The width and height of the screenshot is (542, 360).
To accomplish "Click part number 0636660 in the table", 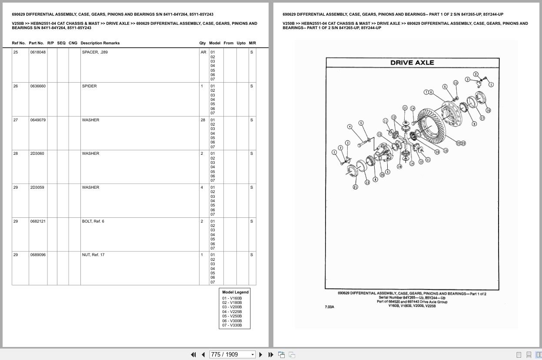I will coord(38,86).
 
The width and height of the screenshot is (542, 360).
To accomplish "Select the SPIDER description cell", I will coord(90,86).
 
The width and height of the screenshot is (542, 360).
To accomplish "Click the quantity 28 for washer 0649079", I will coord(203,120).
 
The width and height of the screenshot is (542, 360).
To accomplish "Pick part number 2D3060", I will coord(37,153).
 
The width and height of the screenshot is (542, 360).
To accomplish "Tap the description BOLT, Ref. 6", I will coord(93,221).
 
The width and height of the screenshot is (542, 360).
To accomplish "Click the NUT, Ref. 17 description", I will coord(93,255).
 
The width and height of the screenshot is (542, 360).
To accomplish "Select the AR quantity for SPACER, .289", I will coord(203,52).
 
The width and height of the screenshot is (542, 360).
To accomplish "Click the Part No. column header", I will coord(36,43).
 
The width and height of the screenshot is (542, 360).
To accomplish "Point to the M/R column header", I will coord(252,43).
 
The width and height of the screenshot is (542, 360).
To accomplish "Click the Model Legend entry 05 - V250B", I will coord(232,316).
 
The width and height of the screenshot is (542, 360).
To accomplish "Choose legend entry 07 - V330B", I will coord(232,325).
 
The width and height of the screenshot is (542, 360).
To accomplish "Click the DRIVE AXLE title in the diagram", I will coord(412,63).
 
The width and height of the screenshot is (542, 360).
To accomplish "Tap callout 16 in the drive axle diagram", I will coord(488,110).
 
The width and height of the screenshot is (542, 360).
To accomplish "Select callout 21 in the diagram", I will coord(355,187).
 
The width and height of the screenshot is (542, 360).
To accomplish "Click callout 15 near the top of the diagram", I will coord(456,83).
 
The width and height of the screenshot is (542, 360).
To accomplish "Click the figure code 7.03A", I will coord(329,307).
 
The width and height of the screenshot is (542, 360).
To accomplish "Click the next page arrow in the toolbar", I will coord(261,354).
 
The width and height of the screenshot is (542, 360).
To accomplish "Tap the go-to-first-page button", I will coord(193,354).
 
